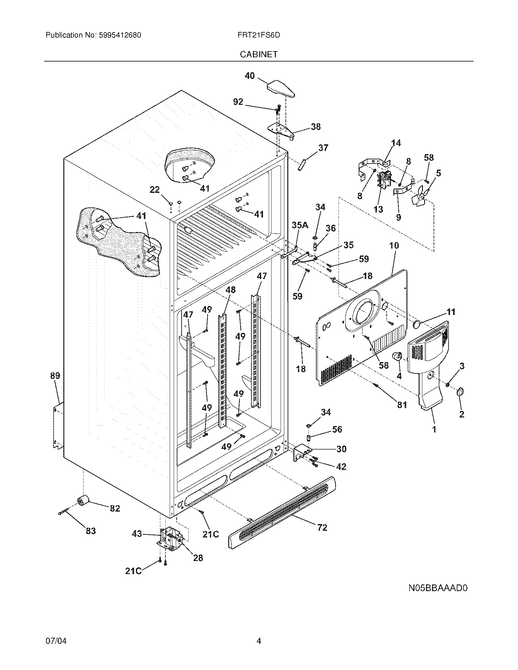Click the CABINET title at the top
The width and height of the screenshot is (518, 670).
point(259,54)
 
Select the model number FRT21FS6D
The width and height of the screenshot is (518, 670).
point(259,35)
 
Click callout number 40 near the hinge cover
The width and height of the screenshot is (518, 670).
point(250,76)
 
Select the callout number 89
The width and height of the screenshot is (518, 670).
point(55,376)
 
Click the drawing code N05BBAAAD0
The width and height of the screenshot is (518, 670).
point(438,588)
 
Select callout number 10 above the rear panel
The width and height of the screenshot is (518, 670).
point(394,245)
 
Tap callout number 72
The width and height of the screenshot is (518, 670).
point(322,528)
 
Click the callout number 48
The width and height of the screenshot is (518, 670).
point(230,290)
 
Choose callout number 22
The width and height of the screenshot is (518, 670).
point(155,190)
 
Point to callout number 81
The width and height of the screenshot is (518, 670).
point(402,405)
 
